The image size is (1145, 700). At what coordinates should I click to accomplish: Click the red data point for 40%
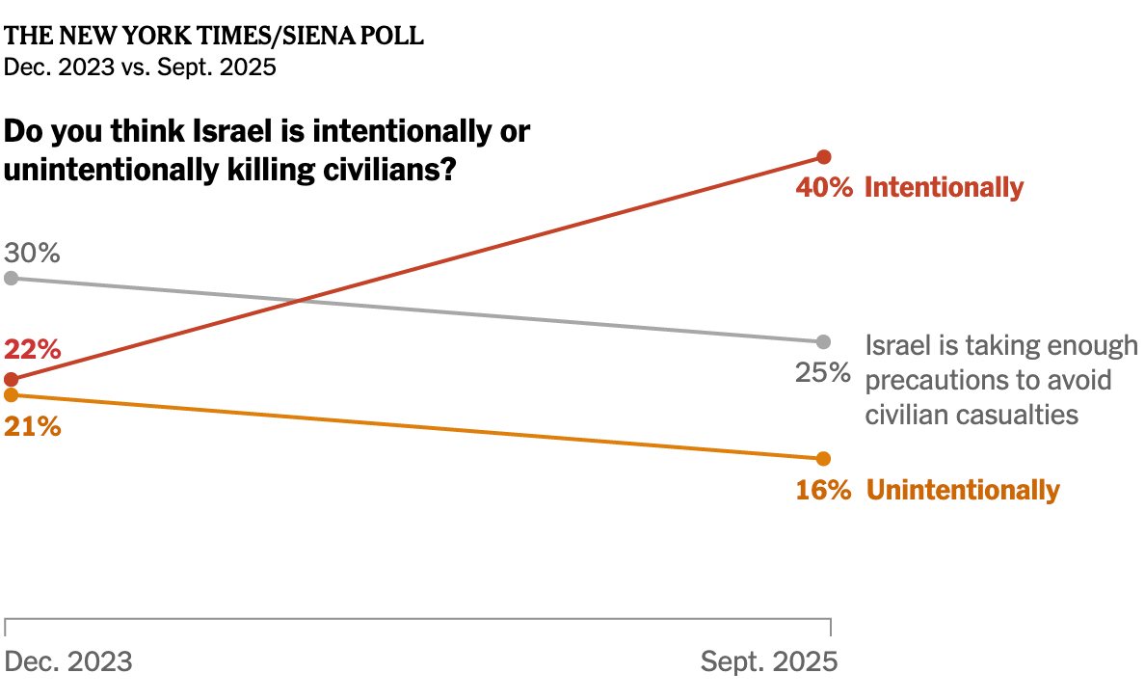click(823, 157)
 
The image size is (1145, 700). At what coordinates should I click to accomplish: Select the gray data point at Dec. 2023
click(11, 278)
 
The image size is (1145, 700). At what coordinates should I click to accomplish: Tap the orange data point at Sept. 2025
click(823, 458)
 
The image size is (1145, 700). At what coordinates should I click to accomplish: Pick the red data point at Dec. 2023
click(11, 379)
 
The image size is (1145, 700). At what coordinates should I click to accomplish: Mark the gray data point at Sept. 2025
click(823, 341)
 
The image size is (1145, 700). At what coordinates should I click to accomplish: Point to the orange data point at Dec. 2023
click(11, 394)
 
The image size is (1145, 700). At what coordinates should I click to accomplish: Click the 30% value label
click(33, 254)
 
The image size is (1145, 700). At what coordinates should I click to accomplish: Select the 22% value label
click(33, 349)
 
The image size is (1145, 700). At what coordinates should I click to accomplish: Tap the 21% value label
click(33, 425)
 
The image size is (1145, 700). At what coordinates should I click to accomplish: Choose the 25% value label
click(823, 372)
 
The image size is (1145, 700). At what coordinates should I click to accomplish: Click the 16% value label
click(823, 490)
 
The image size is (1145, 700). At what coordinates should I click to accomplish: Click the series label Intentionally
click(944, 187)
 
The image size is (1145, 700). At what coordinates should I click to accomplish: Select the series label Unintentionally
click(963, 490)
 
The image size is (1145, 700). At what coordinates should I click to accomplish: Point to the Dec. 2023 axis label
click(68, 662)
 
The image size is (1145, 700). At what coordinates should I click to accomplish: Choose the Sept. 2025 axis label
click(769, 662)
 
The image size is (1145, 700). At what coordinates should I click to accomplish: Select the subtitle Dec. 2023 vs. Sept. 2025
click(141, 67)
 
